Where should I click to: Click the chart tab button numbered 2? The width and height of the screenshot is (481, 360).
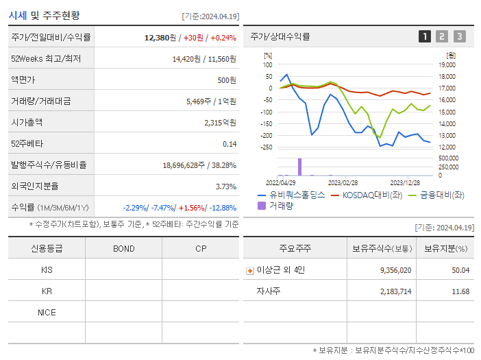click(442, 36)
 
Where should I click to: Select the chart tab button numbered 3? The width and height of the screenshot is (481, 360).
click(459, 36)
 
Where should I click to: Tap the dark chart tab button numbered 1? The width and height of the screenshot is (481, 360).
click(425, 36)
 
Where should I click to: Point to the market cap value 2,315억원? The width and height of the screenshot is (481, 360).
click(220, 123)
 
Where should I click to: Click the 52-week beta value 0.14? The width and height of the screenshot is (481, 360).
click(230, 144)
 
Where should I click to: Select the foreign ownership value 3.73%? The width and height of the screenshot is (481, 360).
click(225, 187)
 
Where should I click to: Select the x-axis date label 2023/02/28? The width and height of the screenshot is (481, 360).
click(343, 182)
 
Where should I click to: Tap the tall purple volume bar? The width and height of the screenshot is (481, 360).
click(299, 167)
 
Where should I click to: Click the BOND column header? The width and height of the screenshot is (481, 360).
click(123, 248)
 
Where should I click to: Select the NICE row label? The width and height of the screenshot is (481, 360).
click(47, 312)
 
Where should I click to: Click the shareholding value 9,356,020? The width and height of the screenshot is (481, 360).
click(395, 270)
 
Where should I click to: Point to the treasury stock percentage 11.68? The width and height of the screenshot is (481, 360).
click(460, 291)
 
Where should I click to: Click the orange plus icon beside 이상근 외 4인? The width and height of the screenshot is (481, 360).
click(250, 271)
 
